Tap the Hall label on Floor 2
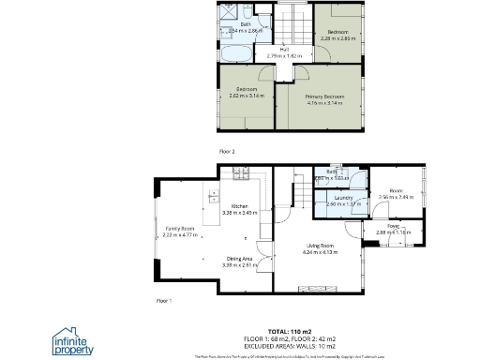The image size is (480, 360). pyautogui.click(x=283, y=51)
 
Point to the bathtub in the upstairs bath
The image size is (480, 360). pyautogui.click(x=240, y=44)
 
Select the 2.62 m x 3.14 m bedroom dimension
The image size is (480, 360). pyautogui.click(x=247, y=96)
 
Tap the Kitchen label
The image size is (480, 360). pyautogui.click(x=239, y=206)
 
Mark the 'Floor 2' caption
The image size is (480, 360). pyautogui.click(x=226, y=150)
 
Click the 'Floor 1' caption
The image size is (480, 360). pyautogui.click(x=164, y=301)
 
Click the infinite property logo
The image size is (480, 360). pyautogui.click(x=72, y=339)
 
